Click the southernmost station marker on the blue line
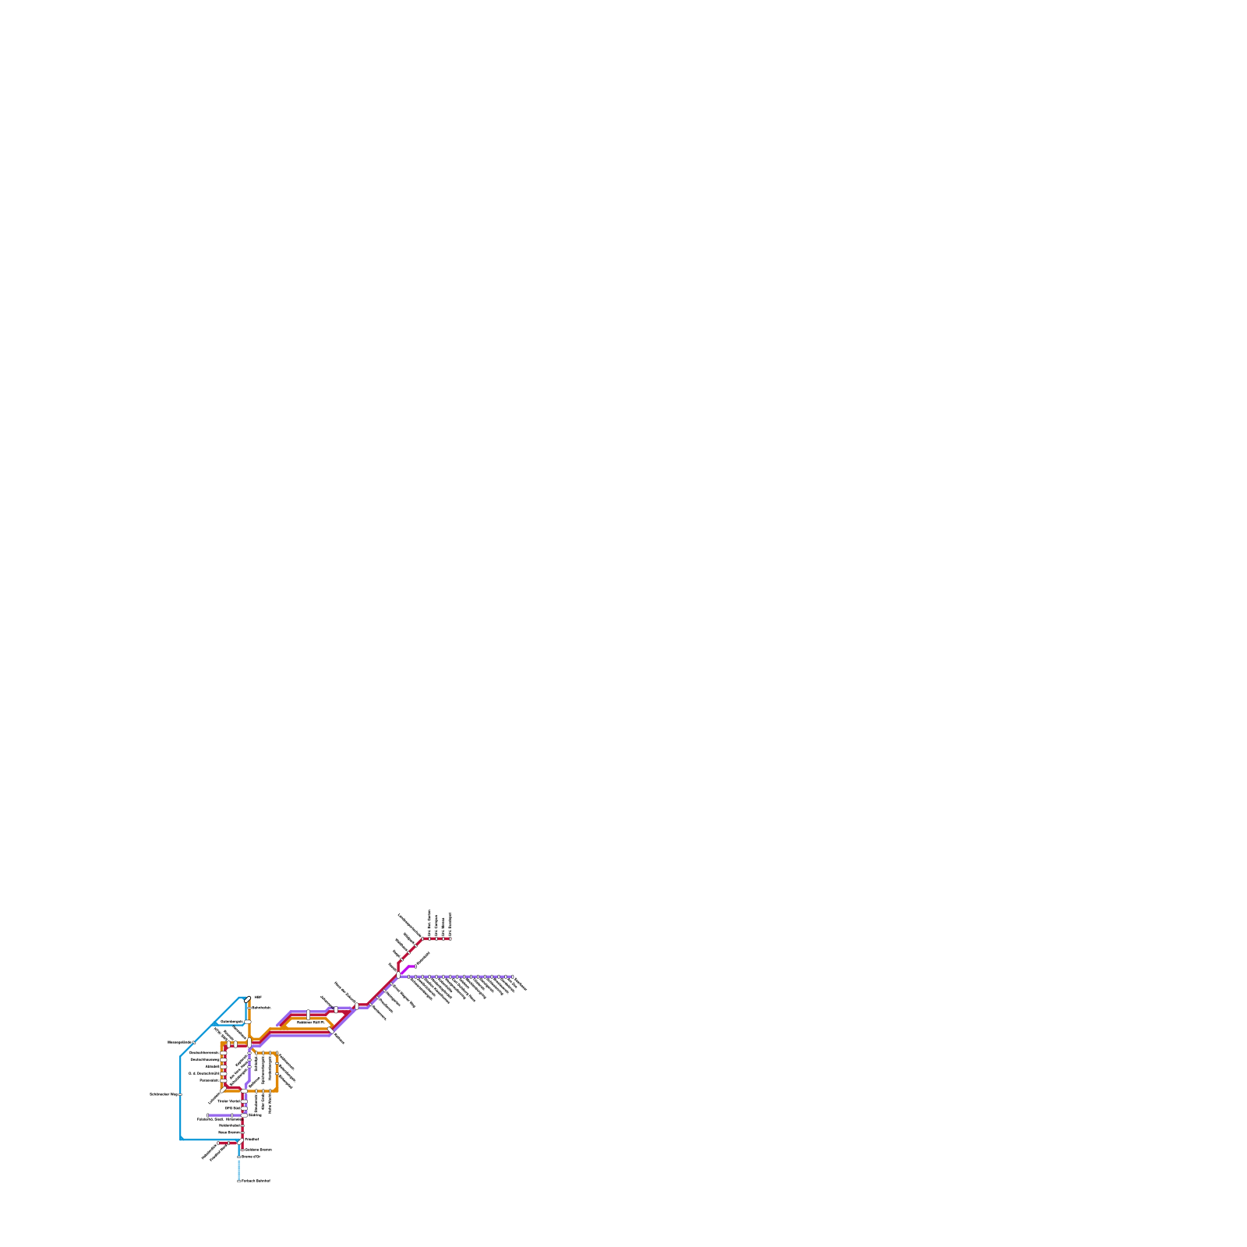tap(238, 1181)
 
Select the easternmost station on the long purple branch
tap(512, 976)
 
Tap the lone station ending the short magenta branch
tap(415, 967)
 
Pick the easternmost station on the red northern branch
tap(450, 938)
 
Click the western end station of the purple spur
tap(209, 1115)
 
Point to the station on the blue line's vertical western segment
tap(181, 1094)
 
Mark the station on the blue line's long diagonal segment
tap(194, 1042)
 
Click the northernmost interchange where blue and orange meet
tap(248, 998)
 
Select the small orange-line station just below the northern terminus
tap(249, 1009)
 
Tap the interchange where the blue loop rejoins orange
tap(248, 1022)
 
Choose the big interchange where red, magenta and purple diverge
tap(400, 974)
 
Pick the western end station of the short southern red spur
tap(218, 1143)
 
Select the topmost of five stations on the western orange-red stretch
tap(223, 1053)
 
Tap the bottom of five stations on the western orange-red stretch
tap(223, 1080)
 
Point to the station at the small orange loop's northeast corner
tap(276, 1054)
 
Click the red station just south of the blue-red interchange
tap(242, 1150)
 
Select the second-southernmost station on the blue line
tap(238, 1157)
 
